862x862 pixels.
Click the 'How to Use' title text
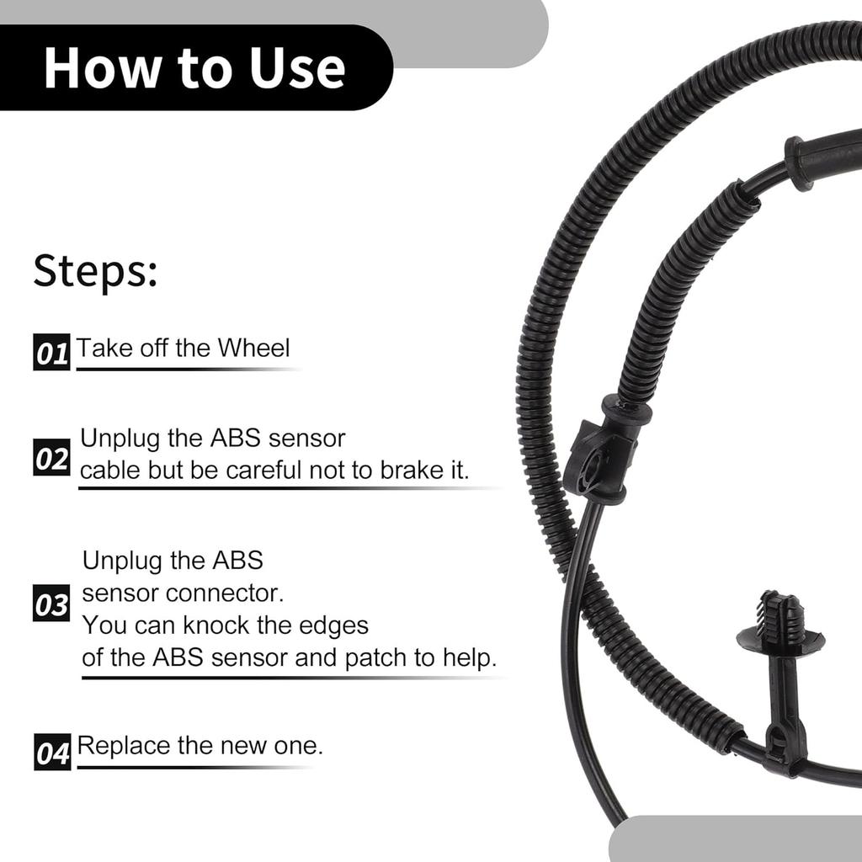click(x=194, y=68)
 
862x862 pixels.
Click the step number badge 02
click(x=51, y=460)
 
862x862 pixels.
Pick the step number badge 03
click(x=51, y=604)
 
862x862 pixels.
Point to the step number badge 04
click(x=52, y=753)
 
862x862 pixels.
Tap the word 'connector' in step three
click(x=225, y=593)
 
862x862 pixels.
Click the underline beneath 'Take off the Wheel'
click(x=185, y=369)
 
